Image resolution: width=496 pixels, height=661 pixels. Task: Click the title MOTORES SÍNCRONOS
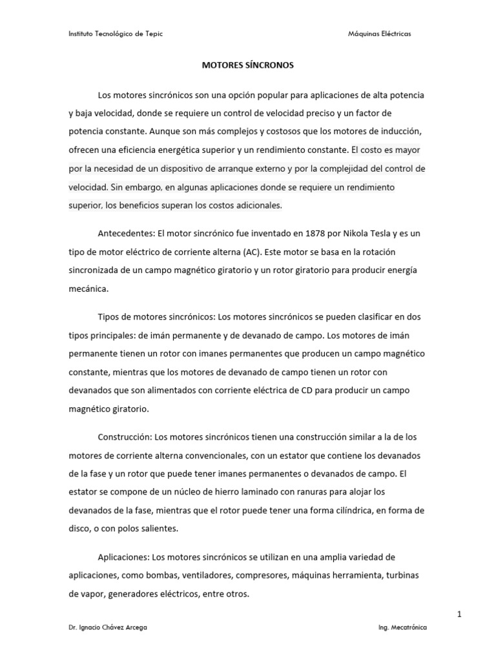(x=248, y=65)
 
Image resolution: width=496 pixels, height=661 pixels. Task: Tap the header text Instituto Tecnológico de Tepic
(x=116, y=34)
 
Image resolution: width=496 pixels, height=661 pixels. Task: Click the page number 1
(x=459, y=615)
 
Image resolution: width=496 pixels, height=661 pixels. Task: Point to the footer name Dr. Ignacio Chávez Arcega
(x=107, y=627)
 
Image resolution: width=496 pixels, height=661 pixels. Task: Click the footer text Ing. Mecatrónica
(x=402, y=627)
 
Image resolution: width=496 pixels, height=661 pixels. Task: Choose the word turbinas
(x=406, y=575)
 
